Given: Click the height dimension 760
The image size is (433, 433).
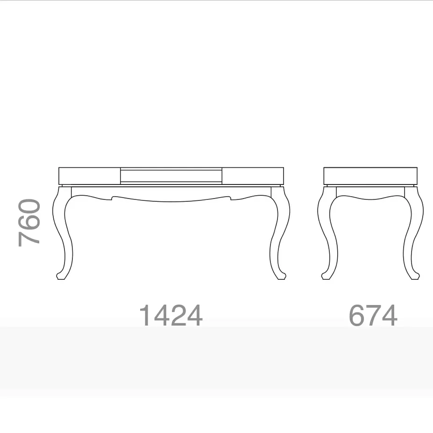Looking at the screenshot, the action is tap(29, 223).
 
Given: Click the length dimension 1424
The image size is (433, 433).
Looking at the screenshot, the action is tap(171, 315).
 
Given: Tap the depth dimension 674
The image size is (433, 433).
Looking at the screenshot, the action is tap(373, 315).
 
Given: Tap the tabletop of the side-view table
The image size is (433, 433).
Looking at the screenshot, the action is tap(370, 176).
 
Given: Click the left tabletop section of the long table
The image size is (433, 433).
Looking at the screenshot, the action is tap(90, 176).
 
